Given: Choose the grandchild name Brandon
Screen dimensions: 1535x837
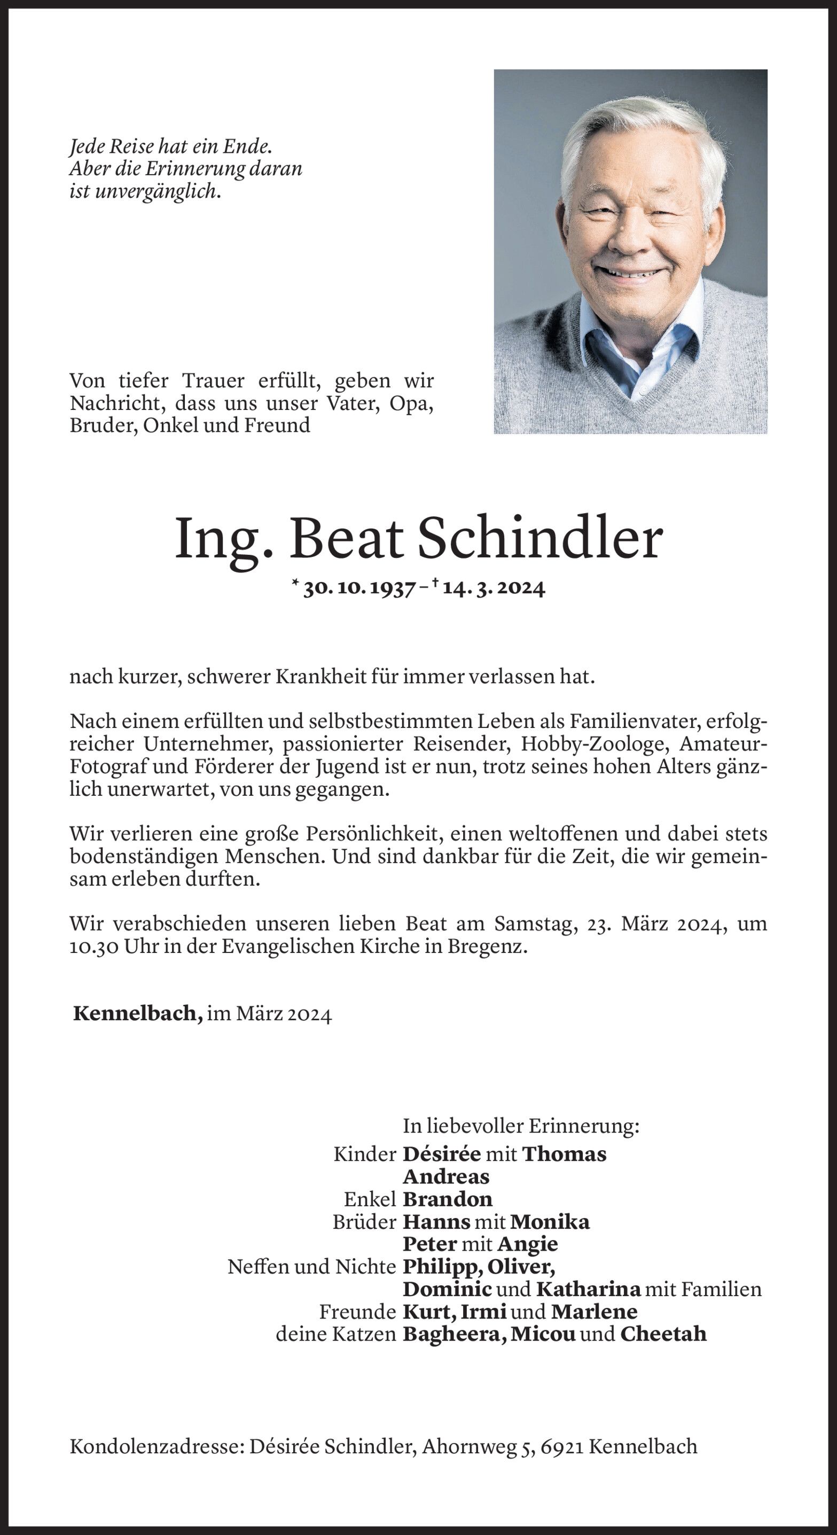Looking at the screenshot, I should (448, 1199).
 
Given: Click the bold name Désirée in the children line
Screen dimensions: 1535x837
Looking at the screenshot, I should (441, 1153).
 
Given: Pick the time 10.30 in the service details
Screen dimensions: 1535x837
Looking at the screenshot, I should (93, 947).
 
